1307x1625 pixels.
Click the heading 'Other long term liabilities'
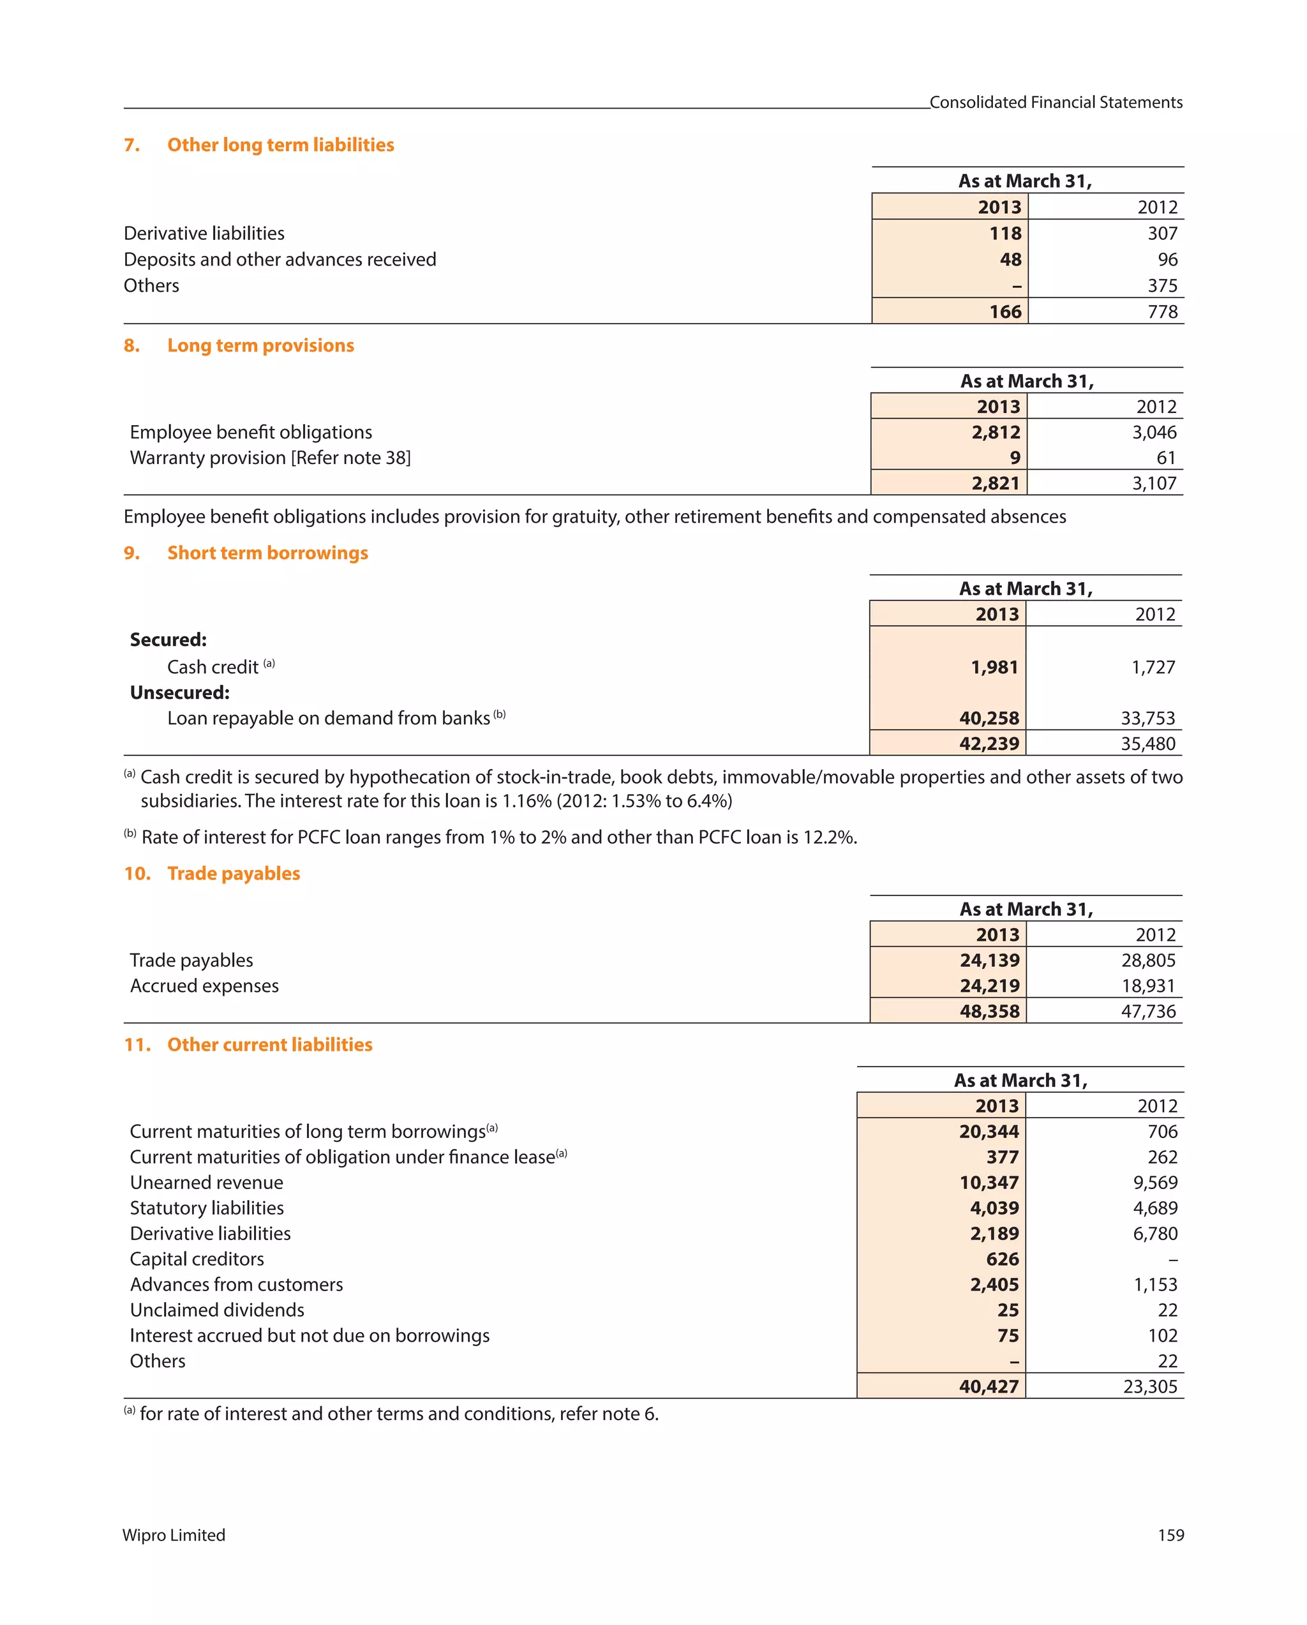pyautogui.click(x=280, y=145)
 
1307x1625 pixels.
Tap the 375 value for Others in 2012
pyautogui.click(x=1161, y=286)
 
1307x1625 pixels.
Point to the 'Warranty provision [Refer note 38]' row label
pyautogui.click(x=270, y=458)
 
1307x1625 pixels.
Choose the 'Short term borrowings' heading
pyautogui.click(x=267, y=553)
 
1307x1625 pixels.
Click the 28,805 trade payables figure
pyautogui.click(x=1147, y=959)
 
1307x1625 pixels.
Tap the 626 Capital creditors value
pyautogui.click(x=1002, y=1259)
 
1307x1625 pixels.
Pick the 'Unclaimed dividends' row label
pyautogui.click(x=216, y=1309)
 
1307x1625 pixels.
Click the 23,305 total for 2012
pyautogui.click(x=1149, y=1386)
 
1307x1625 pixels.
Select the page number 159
pyautogui.click(x=1170, y=1534)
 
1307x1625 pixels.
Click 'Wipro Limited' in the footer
pyautogui.click(x=174, y=1534)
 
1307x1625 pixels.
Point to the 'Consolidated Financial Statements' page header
pyautogui.click(x=1056, y=103)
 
